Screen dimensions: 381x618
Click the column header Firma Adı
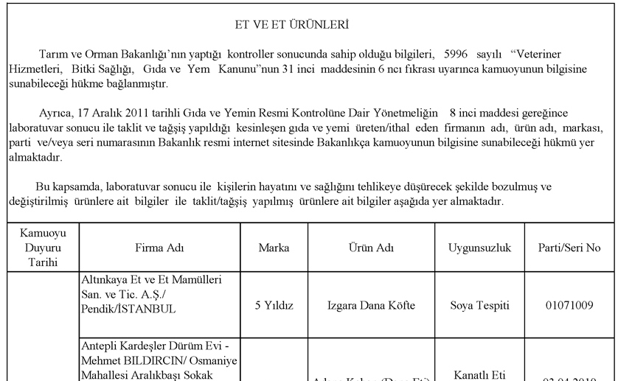[159, 248]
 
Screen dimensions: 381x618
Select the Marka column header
[274, 248]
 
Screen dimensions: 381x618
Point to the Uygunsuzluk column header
[480, 248]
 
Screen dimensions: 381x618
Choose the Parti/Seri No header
[569, 248]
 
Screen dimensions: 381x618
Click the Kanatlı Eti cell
[480, 375]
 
